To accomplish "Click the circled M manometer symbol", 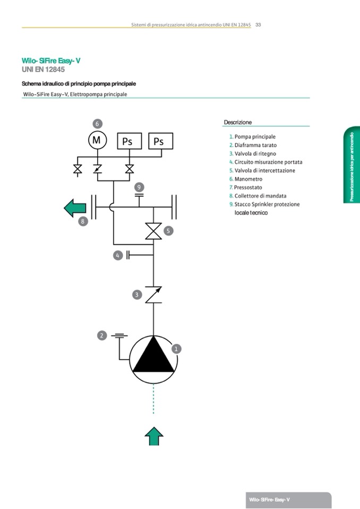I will [97, 140].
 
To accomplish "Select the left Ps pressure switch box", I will [127, 141].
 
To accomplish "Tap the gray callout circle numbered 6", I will [97, 123].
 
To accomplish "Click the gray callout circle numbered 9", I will [139, 187].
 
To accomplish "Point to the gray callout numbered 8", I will [83, 221].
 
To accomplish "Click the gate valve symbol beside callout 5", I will [153, 231].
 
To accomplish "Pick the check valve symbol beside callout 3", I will [153, 295].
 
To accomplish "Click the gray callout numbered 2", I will [102, 335].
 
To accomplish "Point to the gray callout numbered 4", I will [118, 255].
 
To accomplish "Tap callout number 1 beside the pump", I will [177, 349].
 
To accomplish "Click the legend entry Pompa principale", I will [255, 136].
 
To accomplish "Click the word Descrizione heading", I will [238, 122].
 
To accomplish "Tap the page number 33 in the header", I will [258, 24].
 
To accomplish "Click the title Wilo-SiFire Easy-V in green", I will [51, 61].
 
